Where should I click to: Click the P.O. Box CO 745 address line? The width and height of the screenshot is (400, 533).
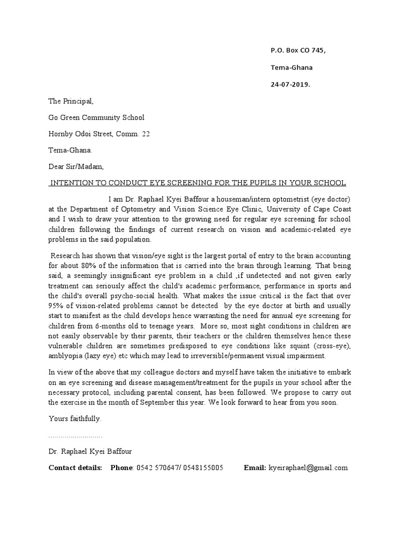[298, 50]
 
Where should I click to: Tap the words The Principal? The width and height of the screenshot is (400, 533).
[70, 101]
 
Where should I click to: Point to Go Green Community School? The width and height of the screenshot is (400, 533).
[96, 118]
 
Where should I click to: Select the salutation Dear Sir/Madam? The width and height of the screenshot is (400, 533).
[76, 167]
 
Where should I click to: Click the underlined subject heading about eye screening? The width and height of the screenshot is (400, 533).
[197, 183]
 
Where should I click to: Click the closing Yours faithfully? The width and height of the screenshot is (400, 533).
[75, 418]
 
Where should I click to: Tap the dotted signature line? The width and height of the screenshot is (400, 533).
[75, 436]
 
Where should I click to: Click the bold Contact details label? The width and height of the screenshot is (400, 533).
[75, 467]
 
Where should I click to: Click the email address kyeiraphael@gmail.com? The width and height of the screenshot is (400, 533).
[308, 467]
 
